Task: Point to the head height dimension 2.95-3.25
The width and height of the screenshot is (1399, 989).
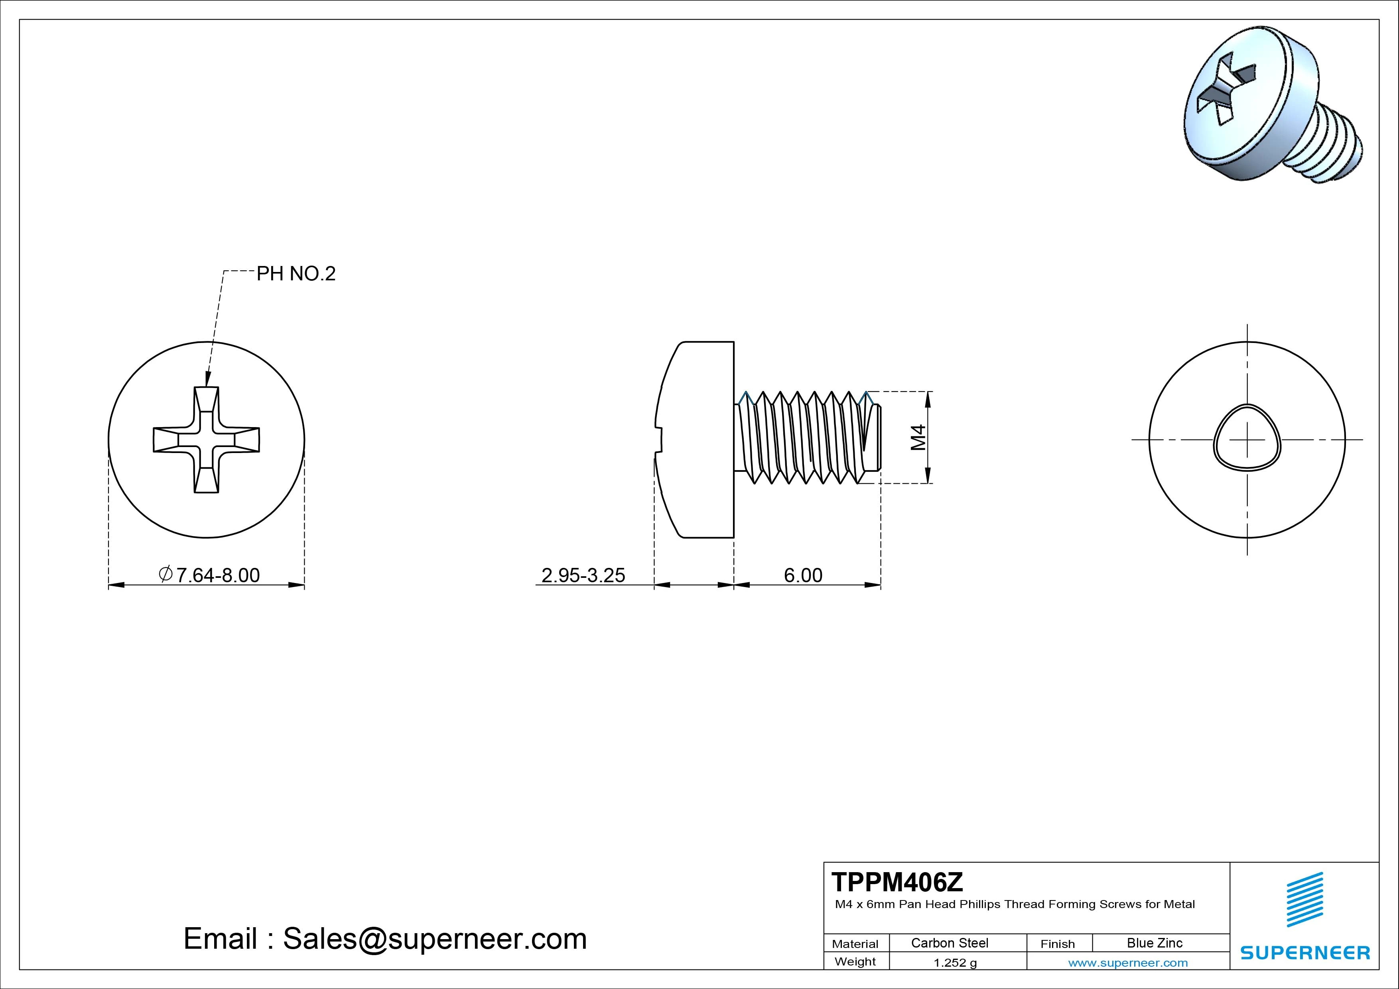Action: [x=583, y=575]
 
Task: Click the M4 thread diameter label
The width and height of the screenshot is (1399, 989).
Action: [x=918, y=437]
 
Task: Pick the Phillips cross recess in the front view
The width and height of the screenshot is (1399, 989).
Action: [x=206, y=439]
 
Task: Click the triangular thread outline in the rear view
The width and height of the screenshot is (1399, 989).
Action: [x=1247, y=437]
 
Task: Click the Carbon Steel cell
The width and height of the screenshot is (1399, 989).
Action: [x=949, y=943]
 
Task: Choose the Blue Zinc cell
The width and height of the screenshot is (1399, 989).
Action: [x=1154, y=943]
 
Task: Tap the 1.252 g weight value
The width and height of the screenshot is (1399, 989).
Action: [x=955, y=963]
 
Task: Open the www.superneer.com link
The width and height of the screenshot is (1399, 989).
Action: [x=1128, y=963]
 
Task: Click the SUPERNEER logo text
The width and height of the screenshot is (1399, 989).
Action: [x=1304, y=952]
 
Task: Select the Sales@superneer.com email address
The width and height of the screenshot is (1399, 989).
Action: [x=434, y=938]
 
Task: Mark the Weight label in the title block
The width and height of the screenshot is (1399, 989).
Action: [x=855, y=961]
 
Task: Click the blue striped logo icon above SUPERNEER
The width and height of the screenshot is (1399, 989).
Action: [x=1304, y=899]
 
